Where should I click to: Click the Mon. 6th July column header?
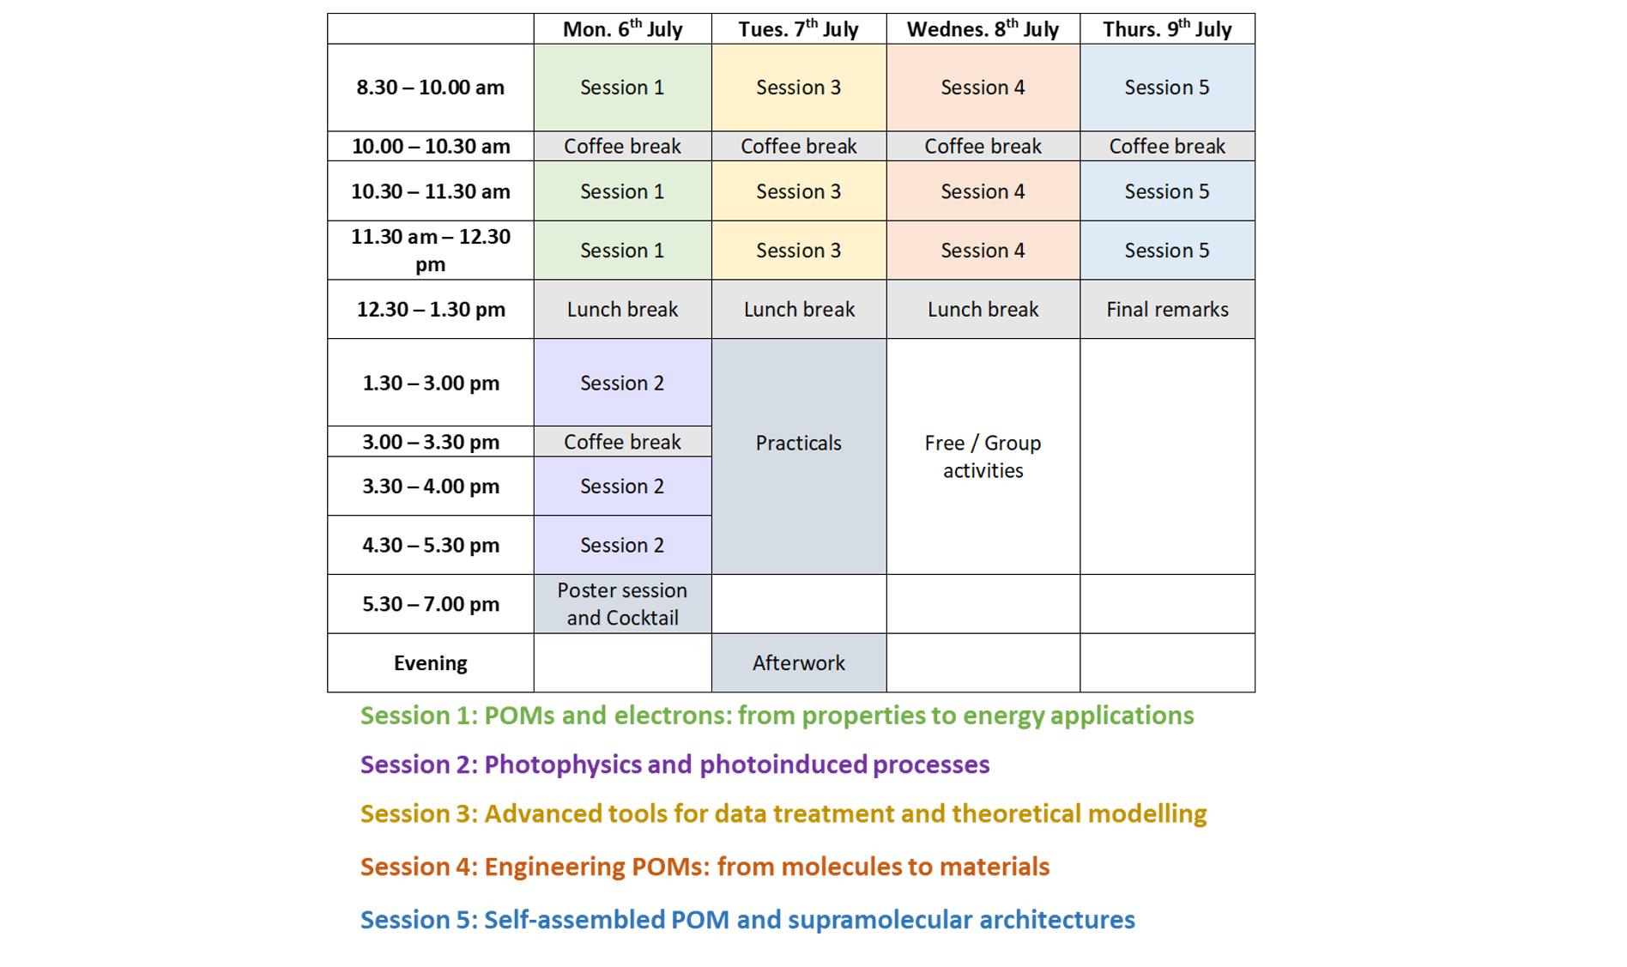point(622,29)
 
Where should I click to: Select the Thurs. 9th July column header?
point(1167,29)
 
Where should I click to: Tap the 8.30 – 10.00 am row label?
point(430,88)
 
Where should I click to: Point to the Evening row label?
point(430,663)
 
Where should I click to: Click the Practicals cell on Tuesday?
point(798,444)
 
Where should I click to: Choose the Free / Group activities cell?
point(983,456)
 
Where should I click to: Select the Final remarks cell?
point(1167,310)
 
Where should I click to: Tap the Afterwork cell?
point(798,663)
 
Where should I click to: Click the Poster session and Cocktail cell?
point(622,604)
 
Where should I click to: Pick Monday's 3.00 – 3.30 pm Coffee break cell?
point(622,442)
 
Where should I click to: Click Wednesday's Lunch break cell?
point(983,310)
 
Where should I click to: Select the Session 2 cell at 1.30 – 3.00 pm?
point(622,383)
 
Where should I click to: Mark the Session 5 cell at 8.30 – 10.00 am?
point(1167,88)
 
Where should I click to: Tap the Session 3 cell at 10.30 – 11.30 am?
point(798,191)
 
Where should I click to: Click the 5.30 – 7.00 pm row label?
point(430,604)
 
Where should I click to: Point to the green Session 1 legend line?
point(777,716)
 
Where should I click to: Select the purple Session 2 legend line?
point(674,765)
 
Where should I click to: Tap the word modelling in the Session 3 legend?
point(1147,813)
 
